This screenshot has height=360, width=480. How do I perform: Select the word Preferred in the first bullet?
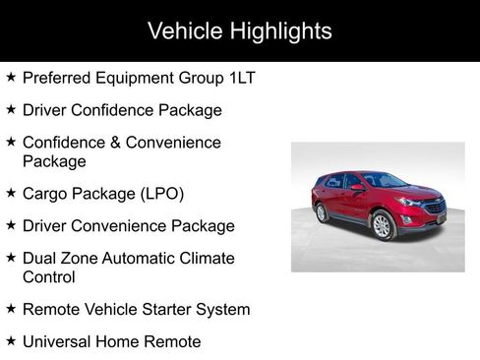point(56,78)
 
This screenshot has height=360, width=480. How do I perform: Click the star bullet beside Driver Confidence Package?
point(11,109)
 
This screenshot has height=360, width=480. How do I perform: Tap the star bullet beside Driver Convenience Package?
point(11,225)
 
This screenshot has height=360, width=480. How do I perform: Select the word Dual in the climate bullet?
point(40,259)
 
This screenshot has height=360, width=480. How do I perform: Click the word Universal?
point(62,342)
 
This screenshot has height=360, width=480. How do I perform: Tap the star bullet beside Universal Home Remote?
point(11,341)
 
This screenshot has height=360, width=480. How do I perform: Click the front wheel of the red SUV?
point(382,226)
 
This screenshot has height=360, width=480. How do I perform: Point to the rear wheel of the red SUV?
point(322,212)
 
